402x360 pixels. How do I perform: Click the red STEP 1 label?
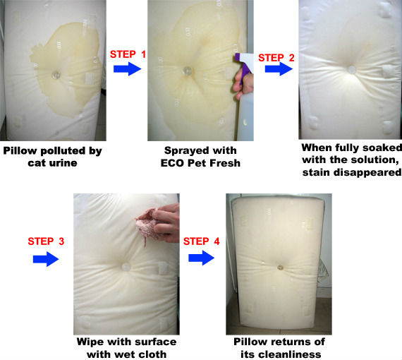pyautogui.click(x=128, y=54)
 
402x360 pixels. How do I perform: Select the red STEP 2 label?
pyautogui.click(x=276, y=58)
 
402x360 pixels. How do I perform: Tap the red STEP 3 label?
pyautogui.click(x=46, y=241)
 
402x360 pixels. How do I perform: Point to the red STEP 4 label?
pyautogui.click(x=202, y=241)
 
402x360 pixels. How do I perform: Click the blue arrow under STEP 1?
pyautogui.click(x=128, y=68)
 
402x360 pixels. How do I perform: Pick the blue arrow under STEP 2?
pyautogui.click(x=279, y=68)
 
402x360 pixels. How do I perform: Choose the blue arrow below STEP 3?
pyautogui.click(x=46, y=259)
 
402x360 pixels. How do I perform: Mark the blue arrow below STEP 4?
pyautogui.click(x=202, y=258)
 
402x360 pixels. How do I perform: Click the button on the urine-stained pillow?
pyautogui.click(x=56, y=76)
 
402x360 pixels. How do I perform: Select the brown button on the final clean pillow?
pyautogui.click(x=280, y=268)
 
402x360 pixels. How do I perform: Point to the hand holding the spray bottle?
pyautogui.click(x=243, y=83)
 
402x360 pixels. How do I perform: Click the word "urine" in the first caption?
pyautogui.click(x=65, y=163)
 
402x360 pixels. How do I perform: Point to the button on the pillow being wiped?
pyautogui.click(x=126, y=267)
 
